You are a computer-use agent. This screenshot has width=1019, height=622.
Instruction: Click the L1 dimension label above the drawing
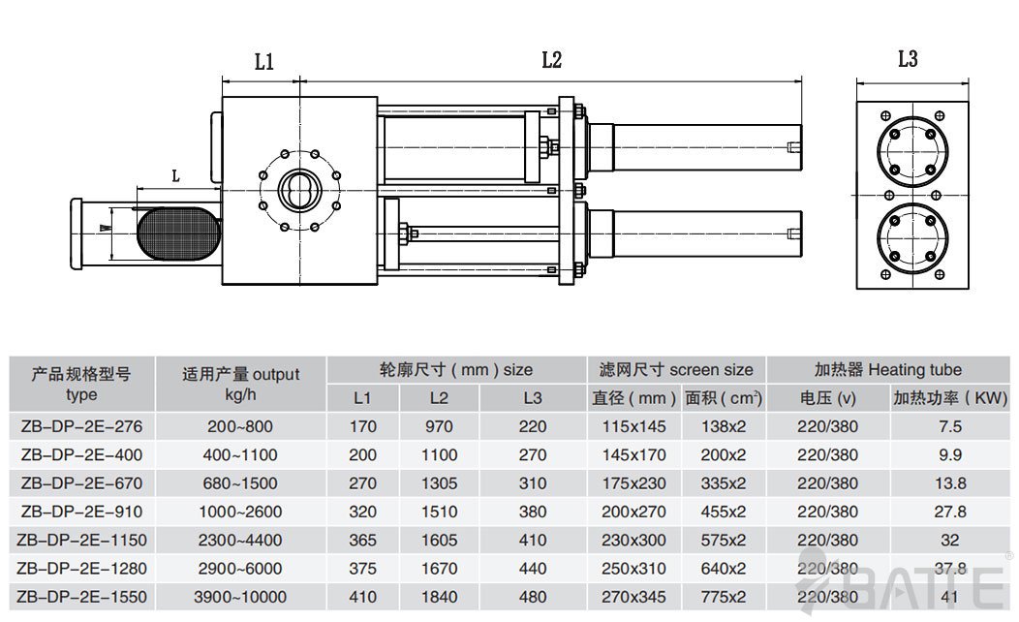[x=263, y=62]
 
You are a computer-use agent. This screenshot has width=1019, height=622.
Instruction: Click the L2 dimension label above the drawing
[x=551, y=60]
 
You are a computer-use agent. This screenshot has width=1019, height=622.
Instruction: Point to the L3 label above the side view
[x=907, y=59]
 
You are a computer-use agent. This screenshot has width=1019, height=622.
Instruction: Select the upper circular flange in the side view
[x=908, y=147]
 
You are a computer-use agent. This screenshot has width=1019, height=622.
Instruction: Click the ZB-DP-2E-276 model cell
[x=81, y=426]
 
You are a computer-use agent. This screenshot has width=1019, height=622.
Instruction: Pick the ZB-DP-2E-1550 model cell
[x=81, y=597]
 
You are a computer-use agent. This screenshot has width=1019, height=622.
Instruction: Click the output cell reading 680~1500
[x=240, y=483]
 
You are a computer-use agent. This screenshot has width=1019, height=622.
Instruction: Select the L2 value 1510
[x=438, y=512]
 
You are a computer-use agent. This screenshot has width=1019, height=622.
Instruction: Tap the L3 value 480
[x=532, y=597]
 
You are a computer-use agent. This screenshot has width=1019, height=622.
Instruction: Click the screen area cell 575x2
[x=725, y=541]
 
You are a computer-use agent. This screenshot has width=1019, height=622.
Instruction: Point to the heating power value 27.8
[x=950, y=512]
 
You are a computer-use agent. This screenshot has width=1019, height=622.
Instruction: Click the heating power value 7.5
[x=950, y=426]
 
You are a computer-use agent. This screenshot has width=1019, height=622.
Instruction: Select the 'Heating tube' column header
[x=888, y=369]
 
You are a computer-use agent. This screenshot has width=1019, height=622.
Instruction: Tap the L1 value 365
[x=362, y=541]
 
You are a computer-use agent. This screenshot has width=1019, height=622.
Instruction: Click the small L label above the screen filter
[x=175, y=175]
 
